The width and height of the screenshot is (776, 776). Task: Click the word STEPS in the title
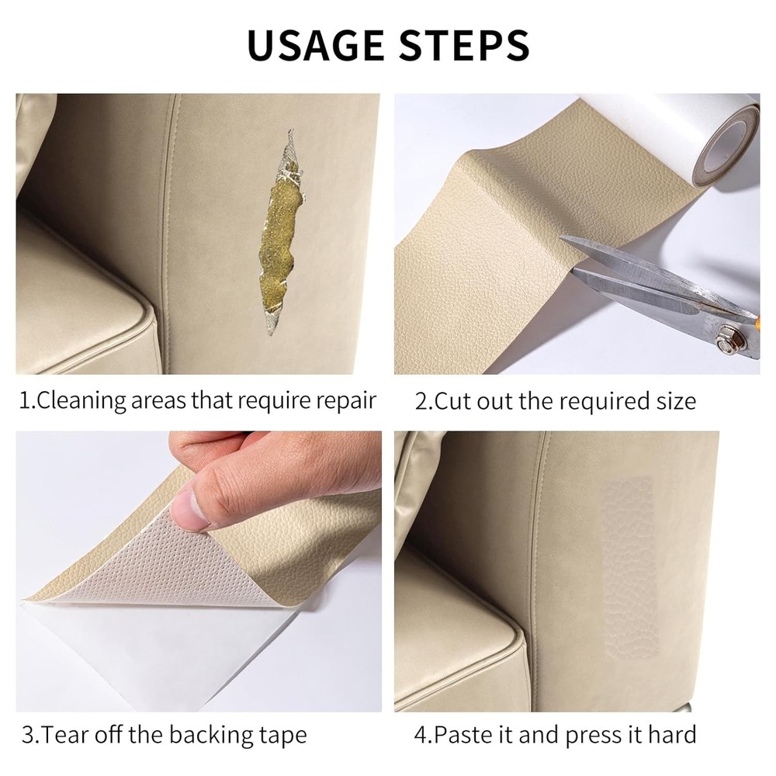[x=465, y=45]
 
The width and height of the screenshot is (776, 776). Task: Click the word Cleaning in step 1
[x=81, y=401]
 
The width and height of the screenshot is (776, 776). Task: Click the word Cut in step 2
[x=452, y=401]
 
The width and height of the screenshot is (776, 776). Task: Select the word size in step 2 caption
[x=672, y=401]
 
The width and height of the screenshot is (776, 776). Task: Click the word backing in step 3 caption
[x=219, y=734]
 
